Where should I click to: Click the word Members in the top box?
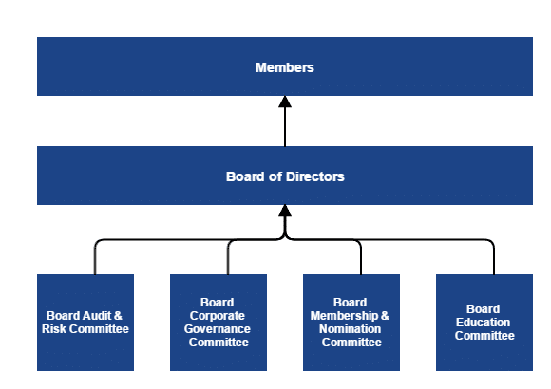(x=285, y=67)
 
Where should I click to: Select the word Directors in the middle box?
(x=314, y=176)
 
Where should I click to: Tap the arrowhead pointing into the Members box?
(x=285, y=102)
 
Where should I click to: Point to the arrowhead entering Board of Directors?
(x=285, y=211)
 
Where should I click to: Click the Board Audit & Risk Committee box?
(x=85, y=323)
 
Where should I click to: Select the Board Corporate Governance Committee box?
(x=218, y=323)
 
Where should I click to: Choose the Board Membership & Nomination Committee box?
(x=351, y=323)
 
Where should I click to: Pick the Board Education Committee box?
(x=484, y=323)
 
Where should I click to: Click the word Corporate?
(x=218, y=316)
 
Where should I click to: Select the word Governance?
(x=218, y=329)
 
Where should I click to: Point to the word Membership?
(x=344, y=316)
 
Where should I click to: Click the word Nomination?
(x=350, y=329)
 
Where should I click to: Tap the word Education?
(x=483, y=323)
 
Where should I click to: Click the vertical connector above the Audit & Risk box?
(x=95, y=259)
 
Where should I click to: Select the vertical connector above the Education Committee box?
(x=494, y=259)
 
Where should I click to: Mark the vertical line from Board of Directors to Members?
(x=285, y=127)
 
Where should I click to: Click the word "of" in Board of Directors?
(x=275, y=176)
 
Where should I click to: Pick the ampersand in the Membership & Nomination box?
(x=385, y=316)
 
